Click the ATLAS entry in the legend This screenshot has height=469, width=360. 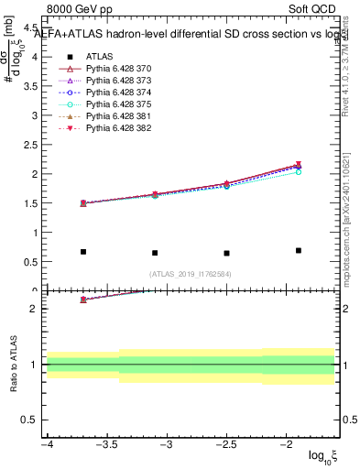point(99,57)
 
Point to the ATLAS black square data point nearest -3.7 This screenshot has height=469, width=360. point(83,252)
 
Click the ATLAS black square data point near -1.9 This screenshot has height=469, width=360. point(299,250)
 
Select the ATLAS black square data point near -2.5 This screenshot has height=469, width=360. point(226,253)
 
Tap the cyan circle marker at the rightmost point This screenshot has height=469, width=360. point(299,172)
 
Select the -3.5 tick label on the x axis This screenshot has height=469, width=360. point(107,444)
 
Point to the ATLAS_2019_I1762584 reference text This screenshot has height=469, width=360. point(191,273)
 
